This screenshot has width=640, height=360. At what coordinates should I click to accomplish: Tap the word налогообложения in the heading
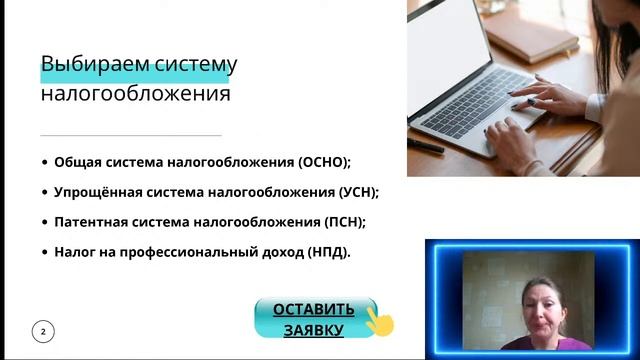135,95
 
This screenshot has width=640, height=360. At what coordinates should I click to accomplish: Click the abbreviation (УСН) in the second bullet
354,192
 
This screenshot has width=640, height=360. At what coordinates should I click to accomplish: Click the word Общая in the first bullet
76,162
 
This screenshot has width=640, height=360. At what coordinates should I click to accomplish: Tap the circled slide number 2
43,331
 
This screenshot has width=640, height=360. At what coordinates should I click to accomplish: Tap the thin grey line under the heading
130,134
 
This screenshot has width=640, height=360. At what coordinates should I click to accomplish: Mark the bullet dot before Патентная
44,222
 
